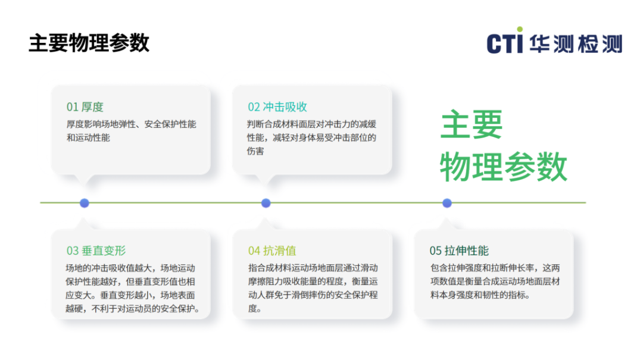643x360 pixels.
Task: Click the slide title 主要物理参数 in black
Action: click(89, 43)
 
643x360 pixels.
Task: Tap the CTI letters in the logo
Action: click(505, 43)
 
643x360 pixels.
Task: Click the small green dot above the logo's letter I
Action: click(520, 29)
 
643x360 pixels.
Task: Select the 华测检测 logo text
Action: click(576, 44)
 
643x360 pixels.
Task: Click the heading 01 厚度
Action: click(85, 107)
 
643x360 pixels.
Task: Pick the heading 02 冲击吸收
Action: click(277, 107)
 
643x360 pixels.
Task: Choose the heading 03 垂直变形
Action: click(96, 251)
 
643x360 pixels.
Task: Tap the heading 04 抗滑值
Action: click(272, 251)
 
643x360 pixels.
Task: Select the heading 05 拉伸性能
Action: click(459, 251)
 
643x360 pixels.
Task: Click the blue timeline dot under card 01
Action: click(85, 203)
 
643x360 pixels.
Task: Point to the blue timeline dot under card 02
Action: click(266, 203)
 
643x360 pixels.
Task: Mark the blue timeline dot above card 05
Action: click(447, 203)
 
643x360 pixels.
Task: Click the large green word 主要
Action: click(472, 124)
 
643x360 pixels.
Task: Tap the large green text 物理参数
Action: click(504, 167)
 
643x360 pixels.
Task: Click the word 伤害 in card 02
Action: click(255, 151)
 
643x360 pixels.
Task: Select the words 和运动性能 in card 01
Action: click(88, 138)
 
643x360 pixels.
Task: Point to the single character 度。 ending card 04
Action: click(255, 308)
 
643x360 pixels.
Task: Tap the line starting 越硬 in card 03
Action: click(132, 308)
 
